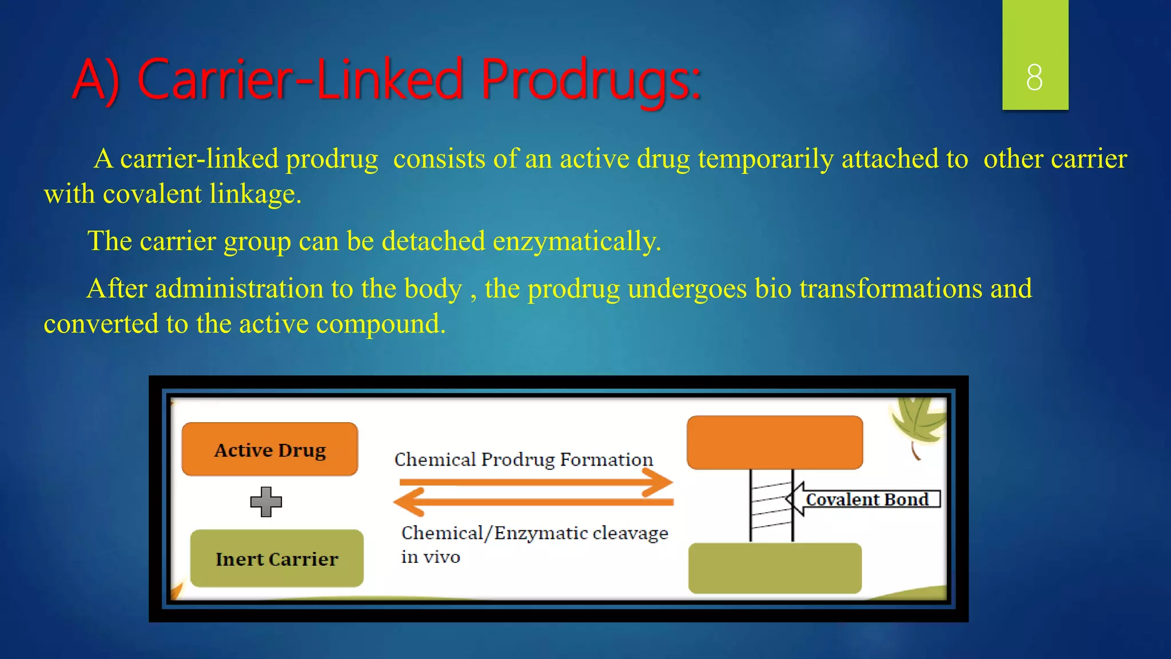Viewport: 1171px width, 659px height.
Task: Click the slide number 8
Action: [1034, 77]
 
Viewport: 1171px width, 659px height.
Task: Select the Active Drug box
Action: [270, 450]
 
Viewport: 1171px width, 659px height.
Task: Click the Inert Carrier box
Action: [277, 558]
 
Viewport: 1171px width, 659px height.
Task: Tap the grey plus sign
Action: [266, 502]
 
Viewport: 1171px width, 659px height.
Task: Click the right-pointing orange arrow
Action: [536, 482]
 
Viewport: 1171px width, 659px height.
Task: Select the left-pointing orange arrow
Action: [533, 502]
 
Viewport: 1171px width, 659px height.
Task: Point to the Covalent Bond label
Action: [867, 499]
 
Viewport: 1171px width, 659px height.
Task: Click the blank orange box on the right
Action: [775, 443]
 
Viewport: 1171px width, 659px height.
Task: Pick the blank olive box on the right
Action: [775, 568]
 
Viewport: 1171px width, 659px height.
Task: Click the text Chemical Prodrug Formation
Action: [523, 459]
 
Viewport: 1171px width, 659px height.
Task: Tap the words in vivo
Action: [431, 557]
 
